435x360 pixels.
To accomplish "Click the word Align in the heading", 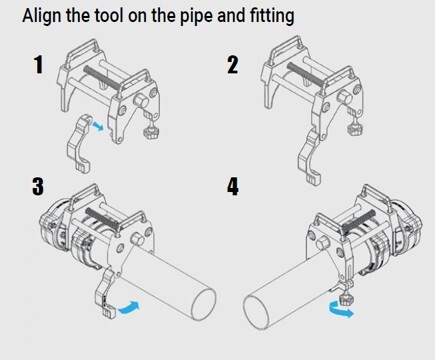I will pyautogui.click(x=42, y=17).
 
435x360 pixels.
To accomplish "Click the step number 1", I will pyautogui.click(x=37, y=66).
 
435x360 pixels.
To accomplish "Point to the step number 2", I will pyautogui.click(x=232, y=66).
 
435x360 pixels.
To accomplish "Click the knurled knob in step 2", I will pyautogui.click(x=350, y=128).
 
